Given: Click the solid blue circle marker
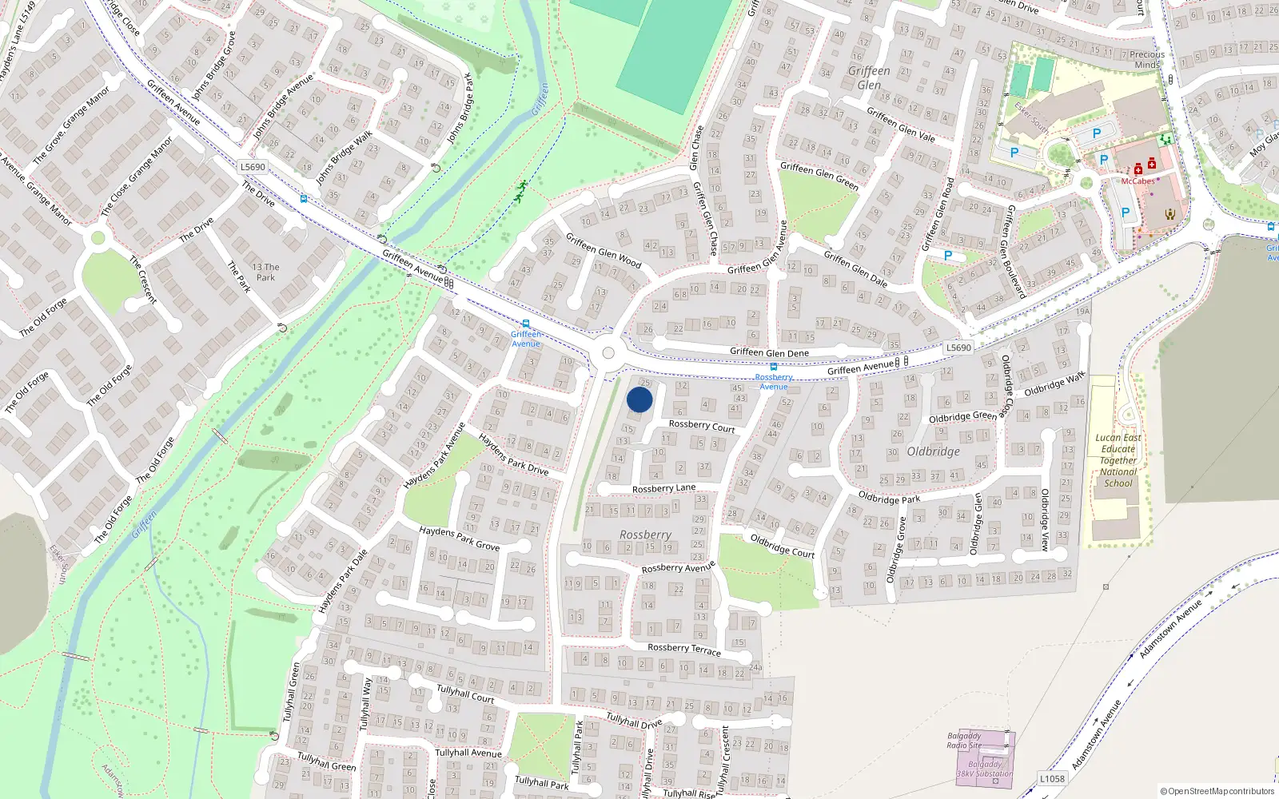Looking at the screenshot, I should click(639, 399).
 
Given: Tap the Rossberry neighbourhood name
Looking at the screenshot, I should click(645, 535).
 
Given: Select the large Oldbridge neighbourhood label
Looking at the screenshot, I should click(933, 451).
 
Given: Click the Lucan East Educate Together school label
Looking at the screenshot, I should click(1118, 460).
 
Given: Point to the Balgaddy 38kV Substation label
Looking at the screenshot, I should click(985, 769).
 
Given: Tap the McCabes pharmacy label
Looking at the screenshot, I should click(1138, 181).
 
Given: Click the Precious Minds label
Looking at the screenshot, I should click(1147, 60).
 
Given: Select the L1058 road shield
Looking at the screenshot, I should click(1052, 779).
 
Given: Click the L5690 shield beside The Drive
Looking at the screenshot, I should click(253, 167).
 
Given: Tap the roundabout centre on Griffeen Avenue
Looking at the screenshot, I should click(608, 353).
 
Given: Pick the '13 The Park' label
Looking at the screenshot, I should click(265, 272).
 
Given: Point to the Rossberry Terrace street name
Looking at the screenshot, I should click(684, 649).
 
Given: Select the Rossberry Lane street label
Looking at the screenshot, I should click(663, 488).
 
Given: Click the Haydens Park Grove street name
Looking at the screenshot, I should click(460, 539).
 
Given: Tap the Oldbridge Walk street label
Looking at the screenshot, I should click(1054, 384).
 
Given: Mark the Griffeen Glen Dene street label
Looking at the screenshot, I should click(769, 352).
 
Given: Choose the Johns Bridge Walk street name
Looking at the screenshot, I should click(344, 158).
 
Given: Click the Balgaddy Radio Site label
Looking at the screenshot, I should click(964, 741).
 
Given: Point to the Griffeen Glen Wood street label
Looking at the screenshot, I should click(604, 250).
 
